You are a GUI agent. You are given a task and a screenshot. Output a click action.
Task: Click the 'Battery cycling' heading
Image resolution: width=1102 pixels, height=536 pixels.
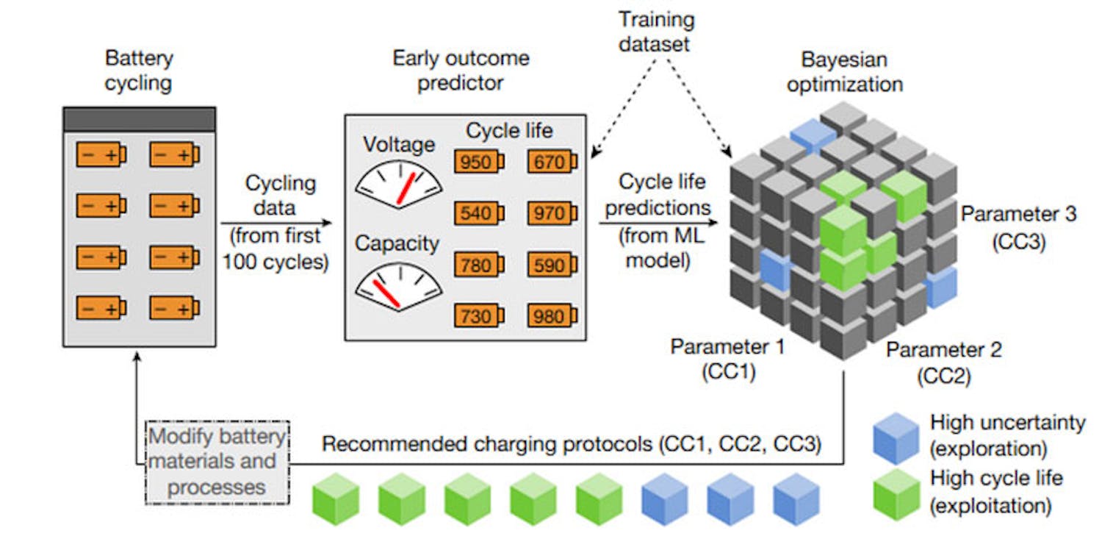pos(138,70)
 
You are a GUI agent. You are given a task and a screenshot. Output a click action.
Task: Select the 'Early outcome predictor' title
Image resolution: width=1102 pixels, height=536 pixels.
pos(461,71)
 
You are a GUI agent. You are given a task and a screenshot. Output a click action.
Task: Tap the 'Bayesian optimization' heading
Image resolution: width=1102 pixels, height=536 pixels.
pos(844,72)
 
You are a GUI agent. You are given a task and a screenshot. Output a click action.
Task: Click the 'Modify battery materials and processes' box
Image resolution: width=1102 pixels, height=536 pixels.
pos(217,462)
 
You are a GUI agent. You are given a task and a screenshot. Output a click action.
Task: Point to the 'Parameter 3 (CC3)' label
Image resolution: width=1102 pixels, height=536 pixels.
pos(1018,228)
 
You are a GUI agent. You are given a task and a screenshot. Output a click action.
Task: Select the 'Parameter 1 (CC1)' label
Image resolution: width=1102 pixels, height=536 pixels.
pos(727,359)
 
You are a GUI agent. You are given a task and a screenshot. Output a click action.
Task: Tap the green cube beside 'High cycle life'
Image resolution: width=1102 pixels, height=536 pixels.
pos(896,494)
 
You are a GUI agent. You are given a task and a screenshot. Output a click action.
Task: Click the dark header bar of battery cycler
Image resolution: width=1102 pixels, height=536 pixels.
pos(139,119)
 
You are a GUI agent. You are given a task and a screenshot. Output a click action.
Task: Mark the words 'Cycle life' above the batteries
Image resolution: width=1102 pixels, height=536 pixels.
pos(509,132)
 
